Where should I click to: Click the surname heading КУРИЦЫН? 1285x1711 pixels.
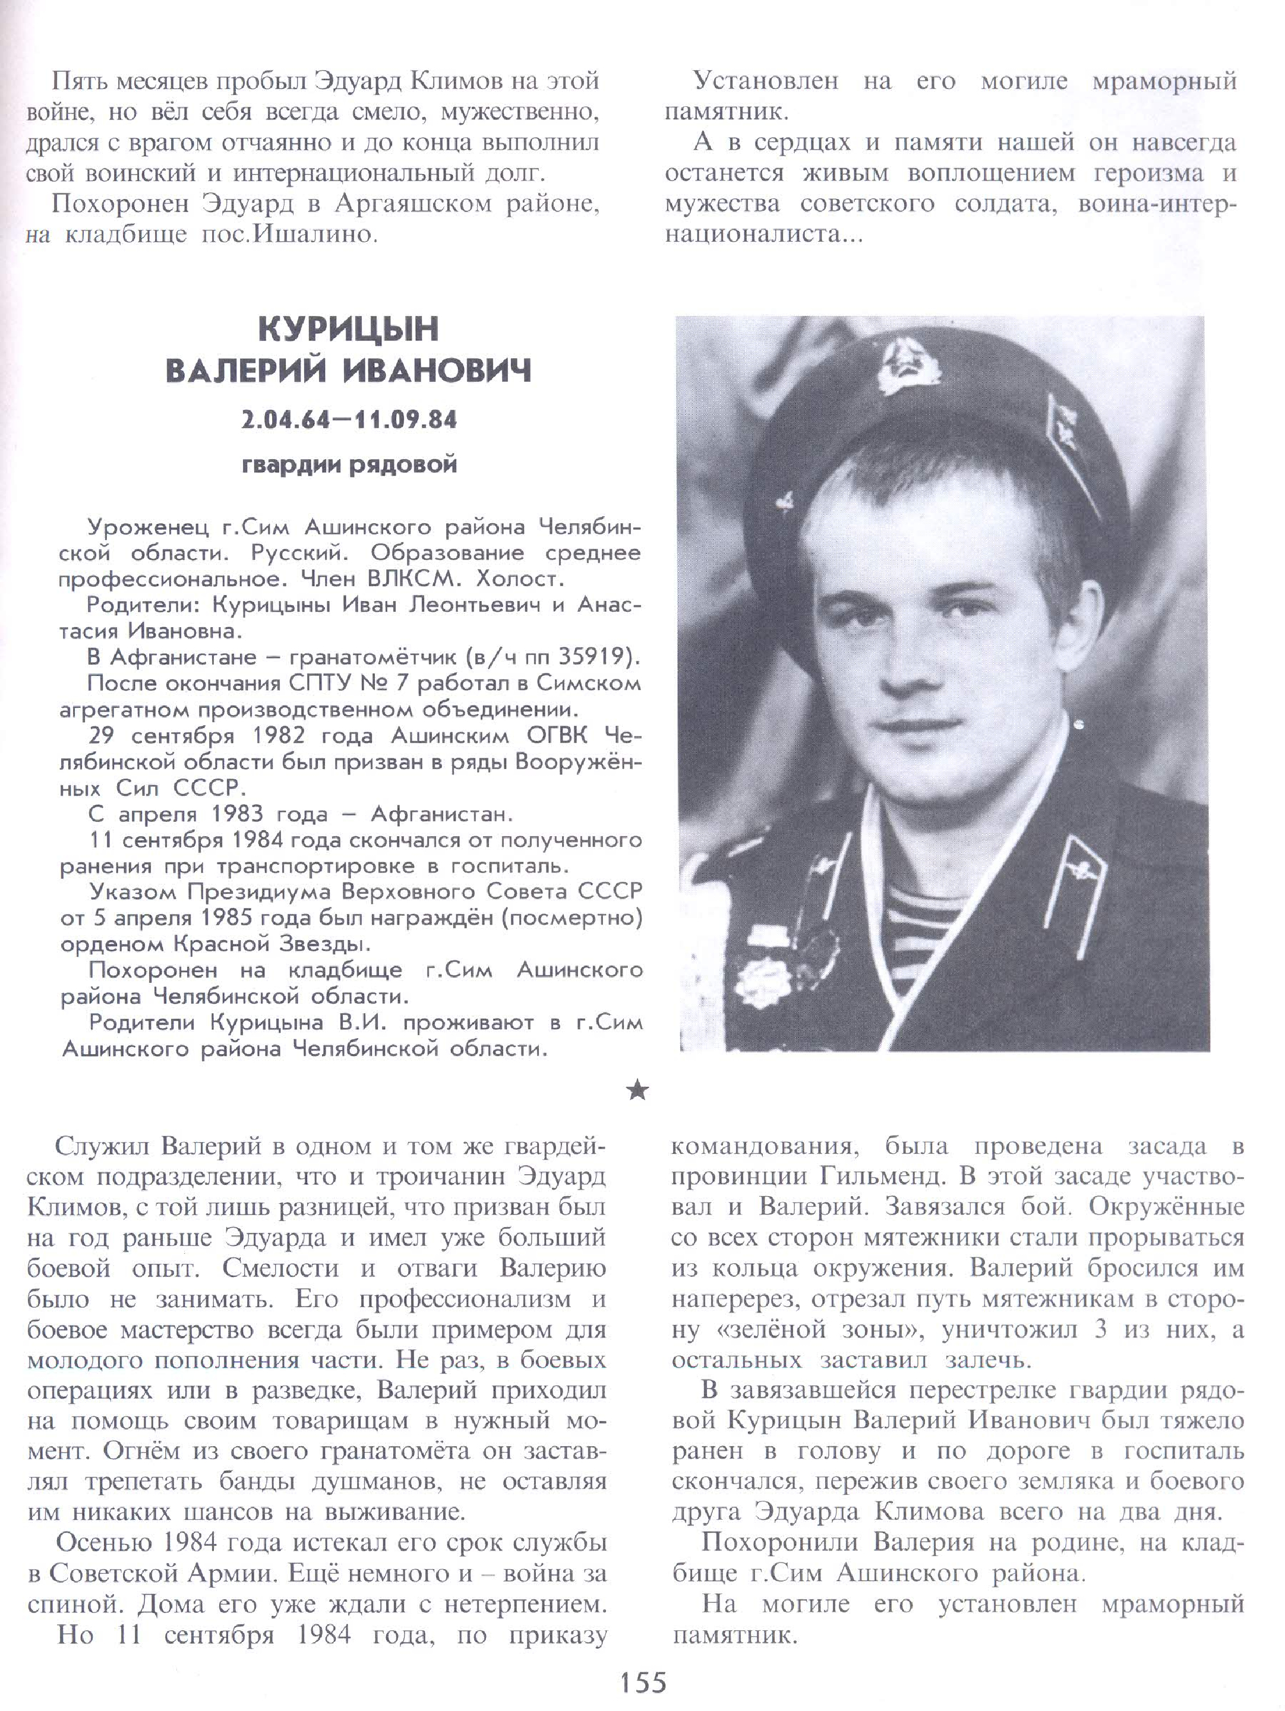click(348, 330)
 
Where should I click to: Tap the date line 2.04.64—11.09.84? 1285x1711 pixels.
click(349, 420)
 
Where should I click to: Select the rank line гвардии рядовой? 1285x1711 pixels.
click(349, 465)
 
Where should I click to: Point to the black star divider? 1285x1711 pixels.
click(638, 1090)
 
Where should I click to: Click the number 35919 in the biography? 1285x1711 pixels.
click(591, 657)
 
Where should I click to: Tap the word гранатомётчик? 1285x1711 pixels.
click(372, 657)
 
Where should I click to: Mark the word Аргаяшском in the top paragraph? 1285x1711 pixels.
click(412, 204)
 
